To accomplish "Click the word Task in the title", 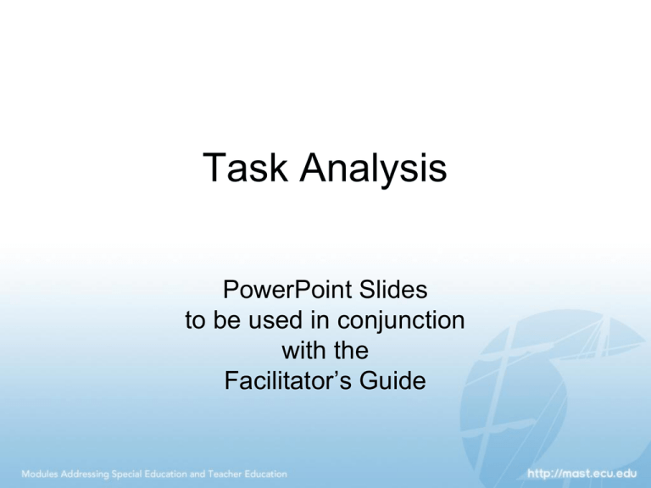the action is [245, 167].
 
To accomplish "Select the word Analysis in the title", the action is [373, 169].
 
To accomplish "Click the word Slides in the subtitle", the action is [393, 289].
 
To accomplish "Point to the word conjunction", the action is [401, 321].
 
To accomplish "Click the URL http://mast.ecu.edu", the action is [582, 474].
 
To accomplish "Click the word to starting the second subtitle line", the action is [195, 321].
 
